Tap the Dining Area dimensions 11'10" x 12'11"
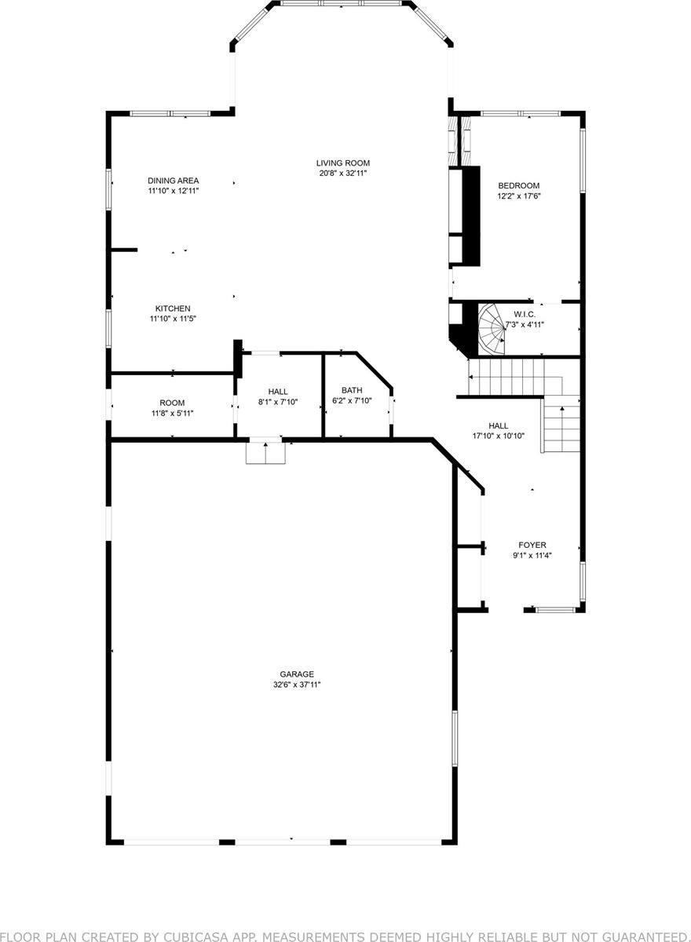172,191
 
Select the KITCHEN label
172,309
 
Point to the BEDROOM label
518,186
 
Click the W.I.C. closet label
524,314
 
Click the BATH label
351,390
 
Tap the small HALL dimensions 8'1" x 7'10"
277,402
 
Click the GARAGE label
297,674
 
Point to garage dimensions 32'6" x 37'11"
297,685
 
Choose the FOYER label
532,545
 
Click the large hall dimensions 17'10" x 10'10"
498,436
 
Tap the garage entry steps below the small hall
265,453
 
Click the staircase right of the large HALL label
560,428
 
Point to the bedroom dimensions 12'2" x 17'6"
518,196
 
